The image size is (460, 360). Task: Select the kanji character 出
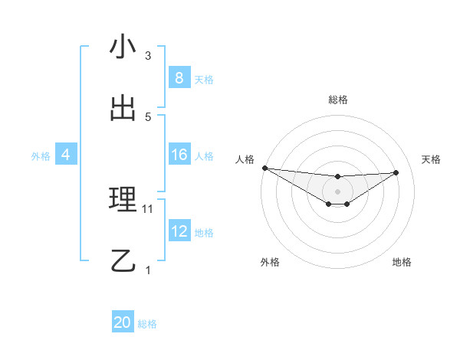tap(123, 109)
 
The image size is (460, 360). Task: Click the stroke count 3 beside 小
tap(148, 56)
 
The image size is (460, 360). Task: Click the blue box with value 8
tap(179, 78)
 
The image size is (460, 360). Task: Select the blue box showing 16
tap(179, 155)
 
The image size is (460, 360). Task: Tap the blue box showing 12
tap(179, 231)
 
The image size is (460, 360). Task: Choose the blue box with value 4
tap(65, 155)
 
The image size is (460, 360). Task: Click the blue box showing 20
tap(123, 322)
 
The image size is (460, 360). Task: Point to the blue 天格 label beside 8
tap(204, 79)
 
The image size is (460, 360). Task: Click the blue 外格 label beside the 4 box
tap(41, 155)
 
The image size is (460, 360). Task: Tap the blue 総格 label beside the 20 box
tap(147, 323)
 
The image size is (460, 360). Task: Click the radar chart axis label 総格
tap(337, 100)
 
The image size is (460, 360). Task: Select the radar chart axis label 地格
tap(402, 262)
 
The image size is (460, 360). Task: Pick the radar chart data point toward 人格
tap(264, 168)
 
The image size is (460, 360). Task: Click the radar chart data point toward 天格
tap(396, 172)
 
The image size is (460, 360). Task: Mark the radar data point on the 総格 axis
tap(337, 177)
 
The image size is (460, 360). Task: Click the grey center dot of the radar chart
tap(337, 191)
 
